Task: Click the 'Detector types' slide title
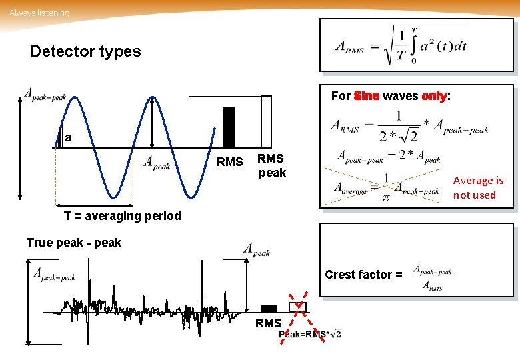[85, 51]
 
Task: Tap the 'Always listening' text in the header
[39, 13]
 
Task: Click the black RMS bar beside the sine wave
[229, 127]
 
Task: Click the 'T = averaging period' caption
[122, 215]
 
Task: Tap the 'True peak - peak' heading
[73, 243]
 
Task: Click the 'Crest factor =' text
[363, 275]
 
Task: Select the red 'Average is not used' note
[478, 187]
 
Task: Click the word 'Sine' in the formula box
[367, 96]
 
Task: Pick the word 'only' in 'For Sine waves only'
[433, 96]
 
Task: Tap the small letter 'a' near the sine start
[68, 138]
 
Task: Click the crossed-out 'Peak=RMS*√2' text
[310, 334]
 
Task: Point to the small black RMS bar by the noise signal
[269, 309]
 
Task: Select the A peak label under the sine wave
[158, 163]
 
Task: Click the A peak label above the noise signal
[257, 249]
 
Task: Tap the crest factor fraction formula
[433, 277]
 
